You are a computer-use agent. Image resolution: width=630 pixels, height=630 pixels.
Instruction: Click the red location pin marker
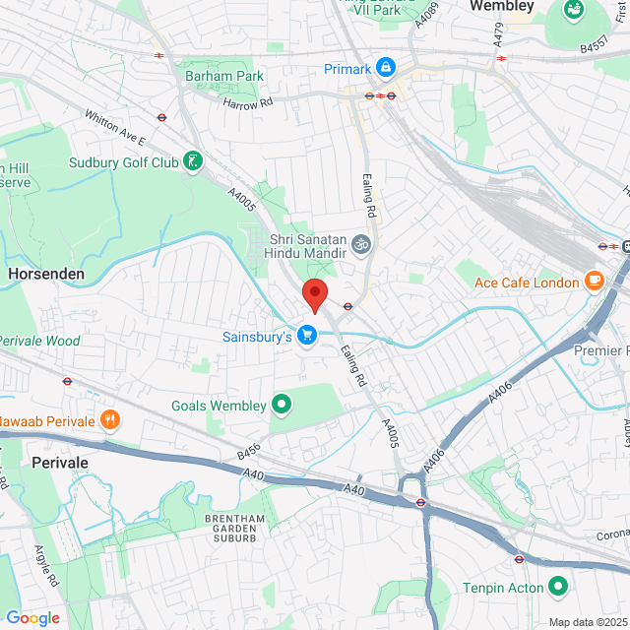tap(314, 294)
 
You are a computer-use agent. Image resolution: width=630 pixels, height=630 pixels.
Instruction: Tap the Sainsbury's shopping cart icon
tap(307, 336)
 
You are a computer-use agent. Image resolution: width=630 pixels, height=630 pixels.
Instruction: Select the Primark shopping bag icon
tap(386, 68)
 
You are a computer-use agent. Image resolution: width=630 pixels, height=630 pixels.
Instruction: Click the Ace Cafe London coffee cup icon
tap(593, 283)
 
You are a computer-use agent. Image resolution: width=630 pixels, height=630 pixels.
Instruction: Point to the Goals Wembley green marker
tap(282, 405)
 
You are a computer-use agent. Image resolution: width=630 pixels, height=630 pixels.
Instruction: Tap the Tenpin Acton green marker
tap(558, 588)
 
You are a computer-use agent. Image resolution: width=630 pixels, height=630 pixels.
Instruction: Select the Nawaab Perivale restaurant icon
tap(109, 420)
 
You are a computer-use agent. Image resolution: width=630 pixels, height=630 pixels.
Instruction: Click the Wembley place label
tap(502, 7)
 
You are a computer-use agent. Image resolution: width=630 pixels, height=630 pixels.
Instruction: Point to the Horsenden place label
tap(45, 273)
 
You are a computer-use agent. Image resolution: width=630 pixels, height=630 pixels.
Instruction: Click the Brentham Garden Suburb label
tap(230, 529)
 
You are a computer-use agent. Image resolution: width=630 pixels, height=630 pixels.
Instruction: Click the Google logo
tap(32, 618)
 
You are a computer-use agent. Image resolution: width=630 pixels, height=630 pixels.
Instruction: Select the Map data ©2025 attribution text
tap(588, 621)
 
